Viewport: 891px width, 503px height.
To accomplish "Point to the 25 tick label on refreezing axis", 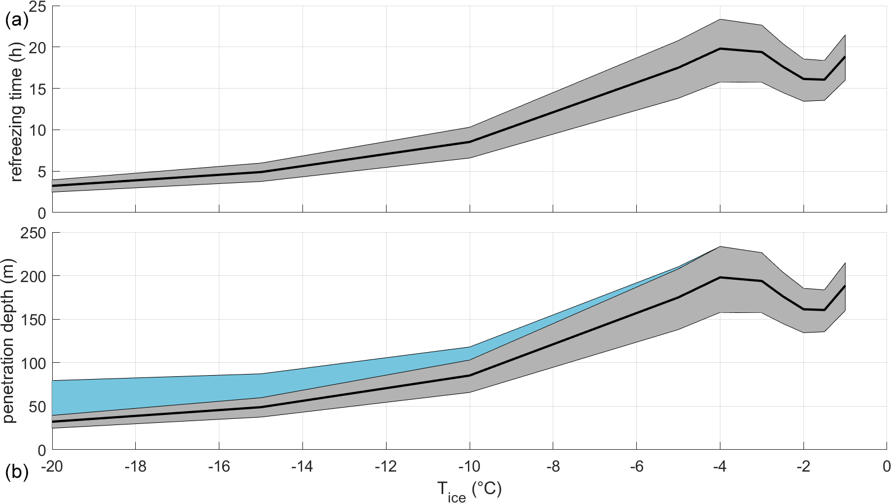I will click(36, 7).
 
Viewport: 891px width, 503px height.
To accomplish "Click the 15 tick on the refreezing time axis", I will click(36, 89).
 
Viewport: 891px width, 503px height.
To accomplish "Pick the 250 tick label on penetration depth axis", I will click(33, 233).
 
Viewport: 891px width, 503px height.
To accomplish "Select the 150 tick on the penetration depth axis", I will click(33, 320).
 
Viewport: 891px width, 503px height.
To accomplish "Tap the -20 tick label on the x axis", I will click(52, 467).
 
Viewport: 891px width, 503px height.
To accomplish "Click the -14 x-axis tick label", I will click(302, 467).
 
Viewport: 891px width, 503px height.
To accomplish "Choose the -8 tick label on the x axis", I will click(553, 467).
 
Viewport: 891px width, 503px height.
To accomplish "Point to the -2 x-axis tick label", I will click(803, 467).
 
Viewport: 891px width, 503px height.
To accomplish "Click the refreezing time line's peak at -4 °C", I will click(720, 49).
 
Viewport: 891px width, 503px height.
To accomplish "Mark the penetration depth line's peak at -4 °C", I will click(720, 277).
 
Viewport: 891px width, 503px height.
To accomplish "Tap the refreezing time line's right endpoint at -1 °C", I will click(845, 57).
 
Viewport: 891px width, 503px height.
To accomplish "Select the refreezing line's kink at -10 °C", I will click(470, 142).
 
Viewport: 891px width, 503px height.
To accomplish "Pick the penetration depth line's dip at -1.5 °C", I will click(824, 310).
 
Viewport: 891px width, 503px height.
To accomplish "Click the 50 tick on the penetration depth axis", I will click(36, 407).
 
